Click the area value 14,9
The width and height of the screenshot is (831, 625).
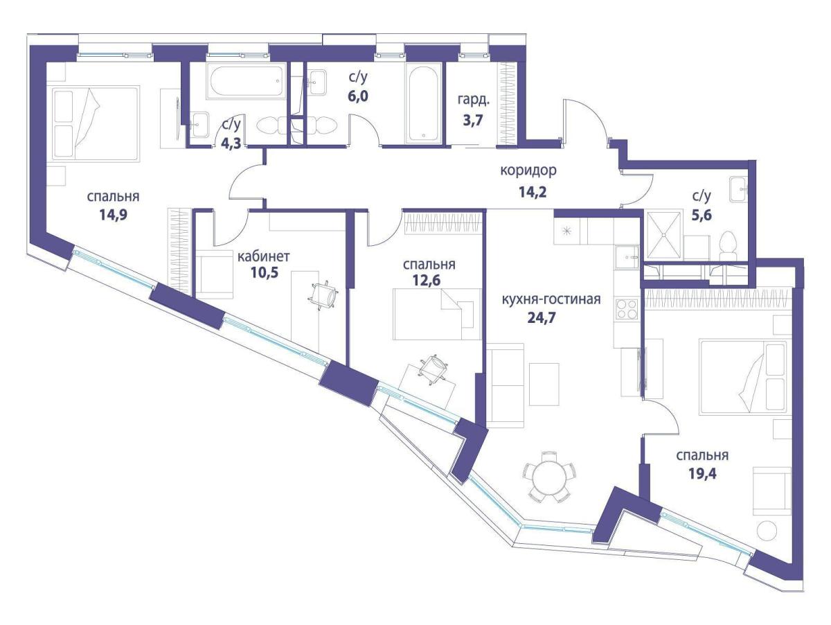113,215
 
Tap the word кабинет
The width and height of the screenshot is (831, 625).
264,256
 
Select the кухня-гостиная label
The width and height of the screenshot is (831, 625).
551,299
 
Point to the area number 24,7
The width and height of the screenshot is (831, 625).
542,317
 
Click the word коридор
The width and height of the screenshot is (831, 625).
528,171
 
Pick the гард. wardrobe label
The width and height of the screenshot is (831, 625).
474,100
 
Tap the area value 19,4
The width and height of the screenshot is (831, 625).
702,473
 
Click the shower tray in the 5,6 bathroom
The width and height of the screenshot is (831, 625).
663,235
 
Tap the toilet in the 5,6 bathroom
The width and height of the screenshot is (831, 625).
728,246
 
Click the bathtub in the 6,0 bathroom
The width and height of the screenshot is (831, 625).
424,103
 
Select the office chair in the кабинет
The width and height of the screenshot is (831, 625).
323,295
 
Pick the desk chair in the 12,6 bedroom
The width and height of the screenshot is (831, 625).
432,369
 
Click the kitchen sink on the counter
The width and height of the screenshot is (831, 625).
627,257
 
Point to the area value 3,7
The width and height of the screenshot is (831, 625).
473,121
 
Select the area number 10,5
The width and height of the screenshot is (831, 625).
265,272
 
